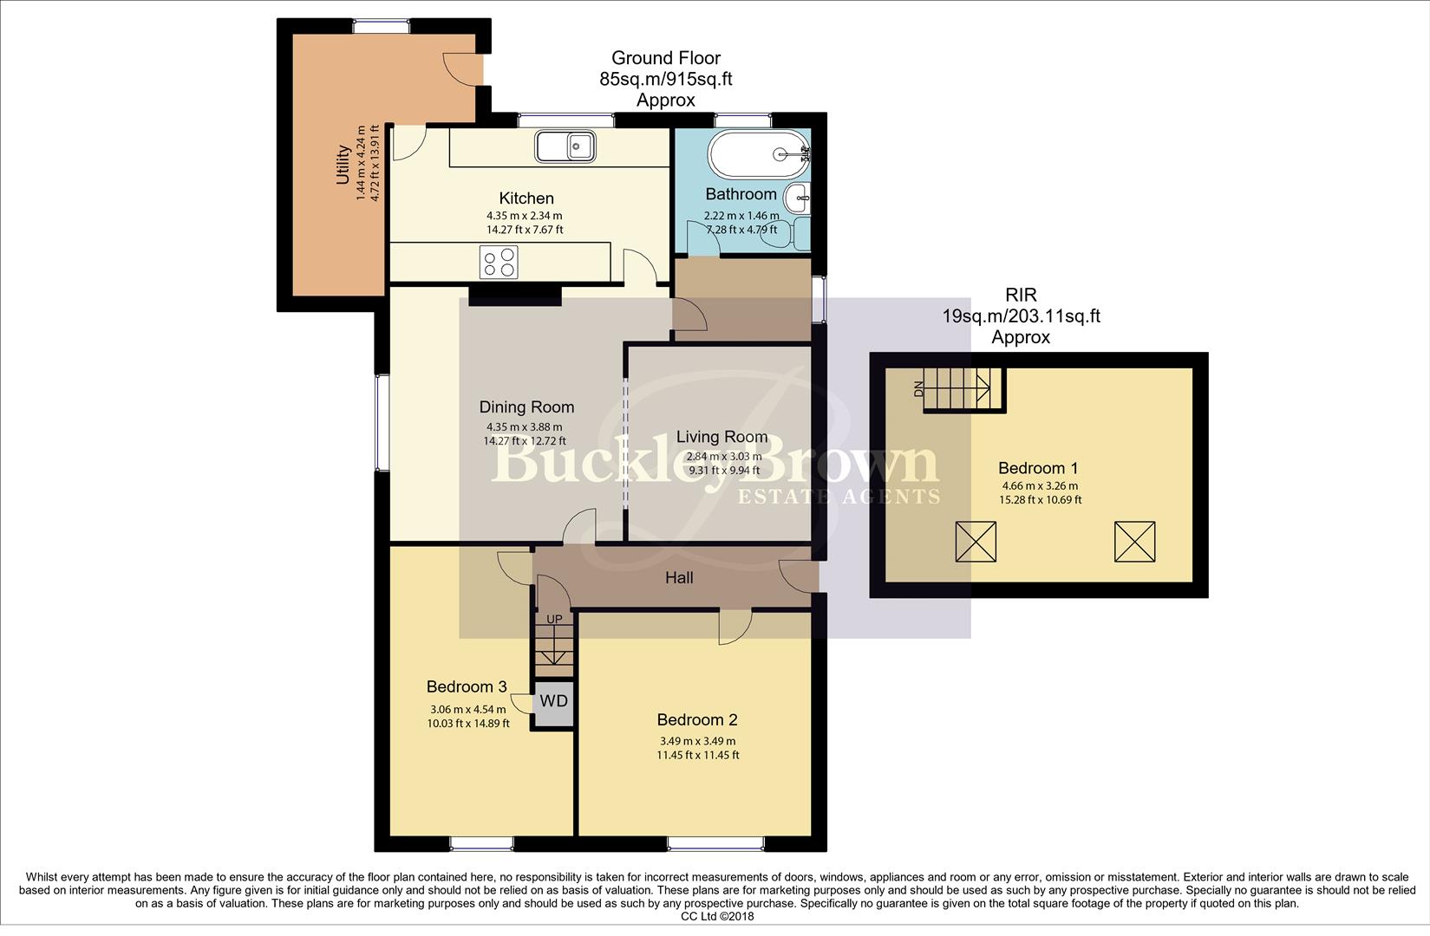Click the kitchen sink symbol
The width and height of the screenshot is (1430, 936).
pos(565,146)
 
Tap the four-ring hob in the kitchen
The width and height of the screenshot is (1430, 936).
pos(499,263)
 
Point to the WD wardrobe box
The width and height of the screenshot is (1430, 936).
pos(553,700)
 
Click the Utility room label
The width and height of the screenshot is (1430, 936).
pos(343,165)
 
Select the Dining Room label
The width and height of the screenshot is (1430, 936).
pos(526,406)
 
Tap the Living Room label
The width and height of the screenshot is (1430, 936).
pos(722,437)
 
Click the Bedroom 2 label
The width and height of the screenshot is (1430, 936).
pos(697,719)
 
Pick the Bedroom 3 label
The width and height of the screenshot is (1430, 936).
pos(467,686)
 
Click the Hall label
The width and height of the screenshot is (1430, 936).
pos(679,577)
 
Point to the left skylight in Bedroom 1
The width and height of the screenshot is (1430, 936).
pos(976,542)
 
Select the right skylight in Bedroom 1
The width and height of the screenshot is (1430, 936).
pos(1134,542)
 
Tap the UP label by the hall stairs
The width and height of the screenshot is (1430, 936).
pos(553,619)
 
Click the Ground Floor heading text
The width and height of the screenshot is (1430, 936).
pos(666,58)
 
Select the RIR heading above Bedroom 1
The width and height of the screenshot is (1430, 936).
pos(1021,296)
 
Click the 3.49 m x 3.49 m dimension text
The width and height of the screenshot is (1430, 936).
pos(697,741)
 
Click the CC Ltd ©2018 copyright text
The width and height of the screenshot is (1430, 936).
pos(717,916)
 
